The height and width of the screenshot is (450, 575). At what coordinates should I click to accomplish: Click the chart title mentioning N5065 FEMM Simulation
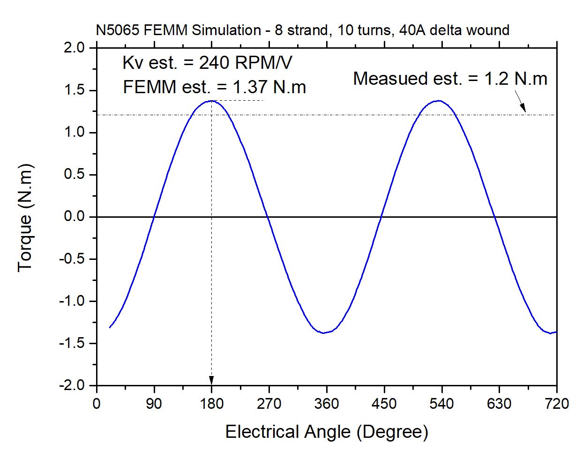tap(300, 31)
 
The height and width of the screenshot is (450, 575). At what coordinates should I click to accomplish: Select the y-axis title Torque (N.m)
tap(25, 217)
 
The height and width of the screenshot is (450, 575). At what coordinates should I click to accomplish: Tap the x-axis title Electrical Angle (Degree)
tap(327, 431)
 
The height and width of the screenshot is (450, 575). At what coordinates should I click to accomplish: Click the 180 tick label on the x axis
tap(211, 403)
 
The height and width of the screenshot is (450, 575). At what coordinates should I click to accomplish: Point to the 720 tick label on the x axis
tap(556, 403)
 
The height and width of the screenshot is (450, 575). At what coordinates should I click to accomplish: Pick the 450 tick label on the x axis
tap(384, 403)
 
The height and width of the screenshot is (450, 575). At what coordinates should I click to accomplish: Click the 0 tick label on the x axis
tap(97, 403)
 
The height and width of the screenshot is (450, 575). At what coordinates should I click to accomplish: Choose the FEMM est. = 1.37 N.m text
tap(214, 87)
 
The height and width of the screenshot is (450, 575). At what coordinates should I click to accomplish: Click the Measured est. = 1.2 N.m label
tap(450, 79)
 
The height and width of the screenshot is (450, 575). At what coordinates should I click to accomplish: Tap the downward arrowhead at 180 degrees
tap(211, 380)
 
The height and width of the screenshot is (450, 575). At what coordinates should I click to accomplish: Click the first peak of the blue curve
tap(211, 101)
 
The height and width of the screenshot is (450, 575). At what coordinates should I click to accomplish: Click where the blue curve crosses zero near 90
tap(154, 217)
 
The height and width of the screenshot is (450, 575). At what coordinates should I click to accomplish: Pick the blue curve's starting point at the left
tap(110, 327)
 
